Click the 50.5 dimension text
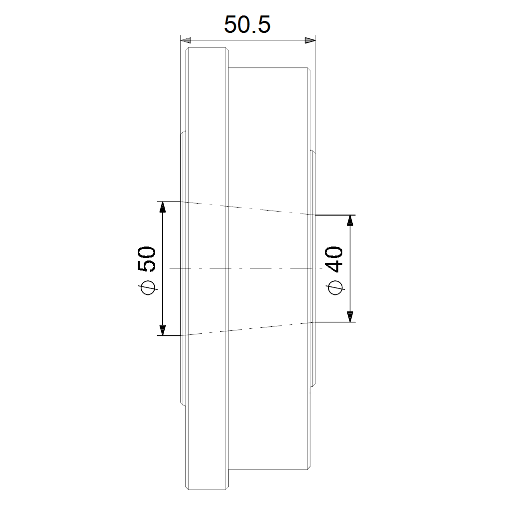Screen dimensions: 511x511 pos(248,25)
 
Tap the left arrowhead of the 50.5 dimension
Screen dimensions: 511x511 pos(186,40)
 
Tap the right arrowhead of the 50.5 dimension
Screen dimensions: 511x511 pos(310,40)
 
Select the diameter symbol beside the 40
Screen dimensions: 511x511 pos(335,287)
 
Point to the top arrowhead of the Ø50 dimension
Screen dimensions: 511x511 pos(162,207)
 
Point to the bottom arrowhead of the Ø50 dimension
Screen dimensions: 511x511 pos(162,330)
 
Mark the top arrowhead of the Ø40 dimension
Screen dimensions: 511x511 pos(350,220)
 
